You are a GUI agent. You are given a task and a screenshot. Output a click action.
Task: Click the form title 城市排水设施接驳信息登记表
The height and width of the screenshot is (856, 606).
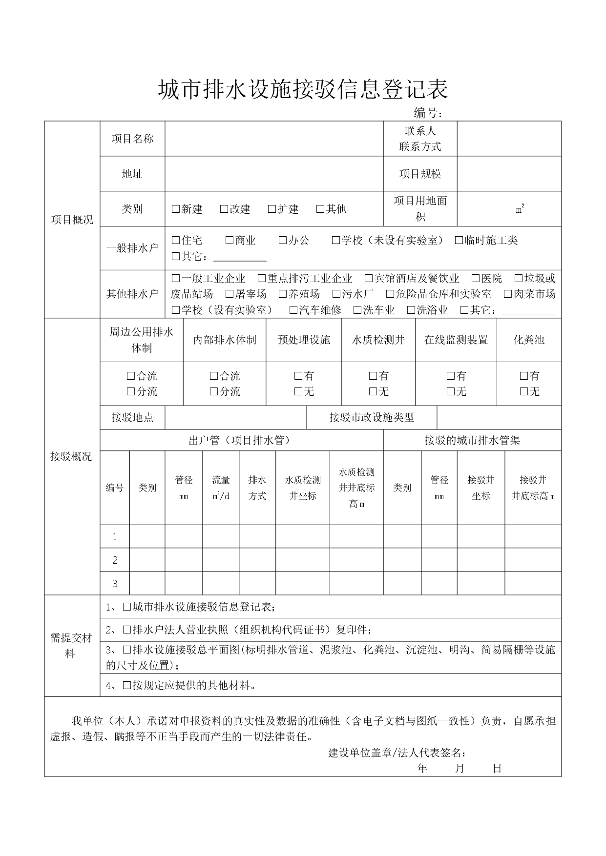[x=303, y=89]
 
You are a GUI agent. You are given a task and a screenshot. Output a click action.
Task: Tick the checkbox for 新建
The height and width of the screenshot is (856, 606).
[x=176, y=209]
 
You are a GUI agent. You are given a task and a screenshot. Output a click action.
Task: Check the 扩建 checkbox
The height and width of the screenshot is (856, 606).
[x=272, y=209]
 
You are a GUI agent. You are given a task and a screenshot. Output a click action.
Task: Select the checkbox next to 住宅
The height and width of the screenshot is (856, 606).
[x=176, y=240]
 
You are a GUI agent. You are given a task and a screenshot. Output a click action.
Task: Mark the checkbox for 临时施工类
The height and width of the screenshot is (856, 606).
[x=459, y=240]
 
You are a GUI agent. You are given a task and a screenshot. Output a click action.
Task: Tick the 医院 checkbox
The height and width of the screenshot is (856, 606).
[x=476, y=278]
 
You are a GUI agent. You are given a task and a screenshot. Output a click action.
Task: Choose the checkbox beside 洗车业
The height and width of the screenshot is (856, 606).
[x=357, y=310]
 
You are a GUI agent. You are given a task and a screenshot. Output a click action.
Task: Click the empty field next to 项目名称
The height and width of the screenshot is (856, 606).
[x=273, y=139]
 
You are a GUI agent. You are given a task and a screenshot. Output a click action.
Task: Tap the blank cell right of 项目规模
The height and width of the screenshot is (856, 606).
[x=509, y=174]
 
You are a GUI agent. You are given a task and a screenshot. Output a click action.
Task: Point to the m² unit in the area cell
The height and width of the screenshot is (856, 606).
[x=520, y=209]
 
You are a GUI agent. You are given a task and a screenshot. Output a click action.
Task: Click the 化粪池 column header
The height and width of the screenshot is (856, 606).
[x=529, y=340]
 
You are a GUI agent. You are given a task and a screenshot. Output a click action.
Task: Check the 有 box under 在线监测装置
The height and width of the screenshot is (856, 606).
[x=451, y=376]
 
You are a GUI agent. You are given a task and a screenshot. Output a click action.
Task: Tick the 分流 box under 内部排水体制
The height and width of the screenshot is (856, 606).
[x=214, y=391]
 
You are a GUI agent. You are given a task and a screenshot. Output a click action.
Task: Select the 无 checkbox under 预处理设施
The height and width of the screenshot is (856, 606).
[x=298, y=391]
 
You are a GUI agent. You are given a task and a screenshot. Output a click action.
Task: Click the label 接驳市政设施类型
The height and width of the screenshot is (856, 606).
[x=372, y=417]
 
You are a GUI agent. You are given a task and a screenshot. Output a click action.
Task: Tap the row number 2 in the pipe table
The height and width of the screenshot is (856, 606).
[x=115, y=560]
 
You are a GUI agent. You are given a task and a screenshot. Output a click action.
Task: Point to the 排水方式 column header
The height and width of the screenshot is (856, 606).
[x=257, y=488]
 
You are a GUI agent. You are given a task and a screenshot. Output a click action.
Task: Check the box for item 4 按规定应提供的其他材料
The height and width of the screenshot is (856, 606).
[x=127, y=685]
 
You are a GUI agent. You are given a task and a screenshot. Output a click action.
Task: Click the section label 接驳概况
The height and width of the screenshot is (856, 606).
[x=71, y=457]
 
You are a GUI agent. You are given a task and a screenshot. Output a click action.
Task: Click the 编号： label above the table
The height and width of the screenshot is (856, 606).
[x=428, y=113]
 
